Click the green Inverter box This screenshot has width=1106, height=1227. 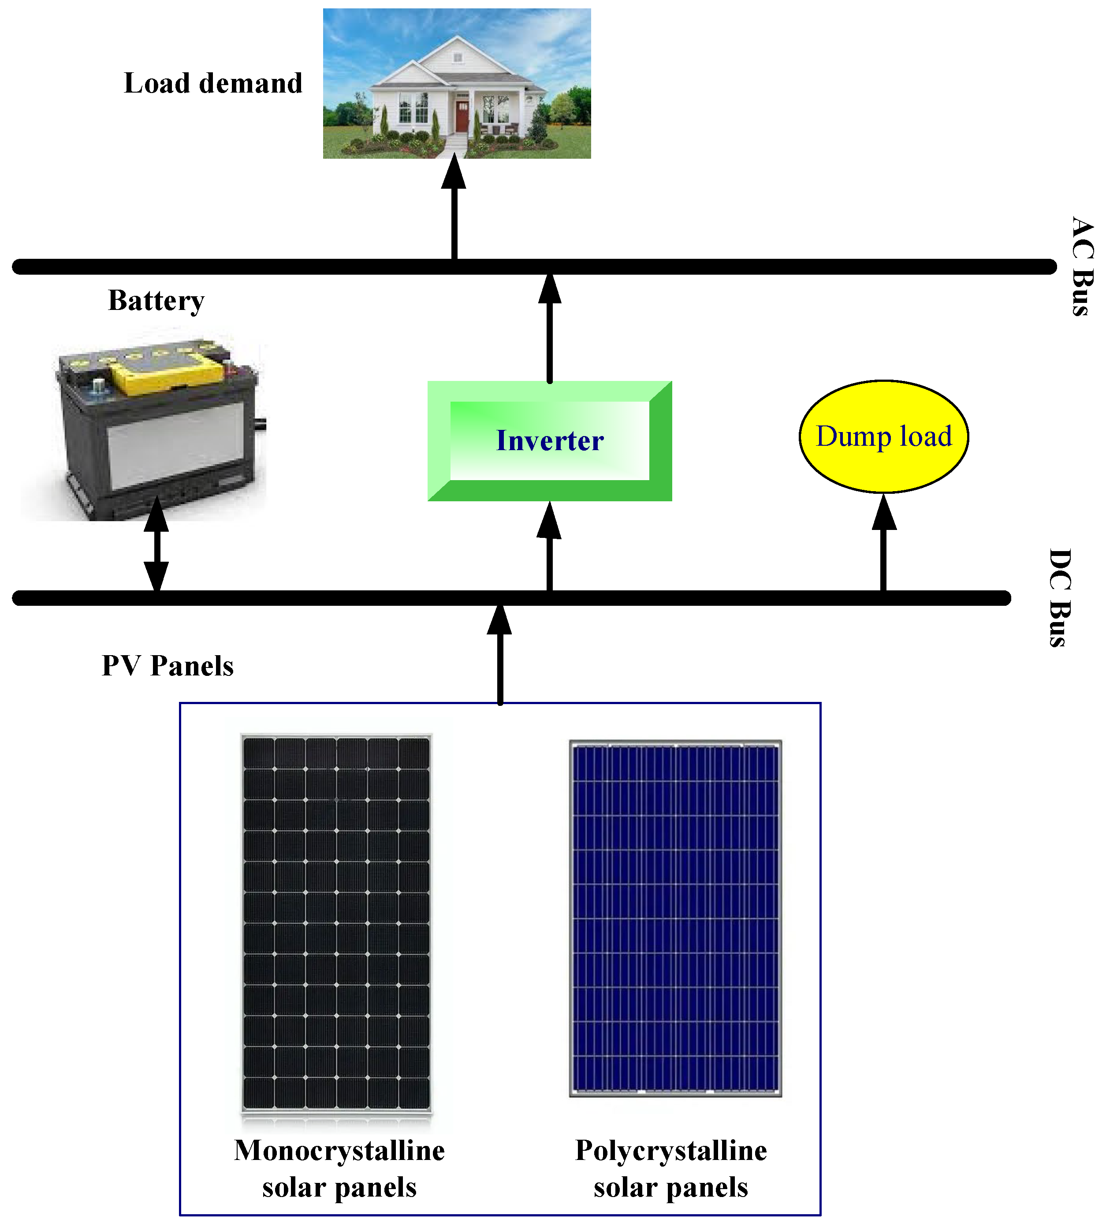[549, 440]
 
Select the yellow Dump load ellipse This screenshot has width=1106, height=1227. [883, 436]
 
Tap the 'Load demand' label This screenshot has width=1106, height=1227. [212, 83]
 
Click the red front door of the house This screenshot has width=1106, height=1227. [462, 117]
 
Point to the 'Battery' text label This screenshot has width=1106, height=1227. [156, 300]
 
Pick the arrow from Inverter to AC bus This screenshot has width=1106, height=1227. [549, 328]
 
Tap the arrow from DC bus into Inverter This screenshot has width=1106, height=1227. [549, 547]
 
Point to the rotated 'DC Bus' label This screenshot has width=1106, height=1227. [1061, 597]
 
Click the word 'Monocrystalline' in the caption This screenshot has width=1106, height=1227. [339, 1150]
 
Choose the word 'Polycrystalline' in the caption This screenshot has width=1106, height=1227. [671, 1150]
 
